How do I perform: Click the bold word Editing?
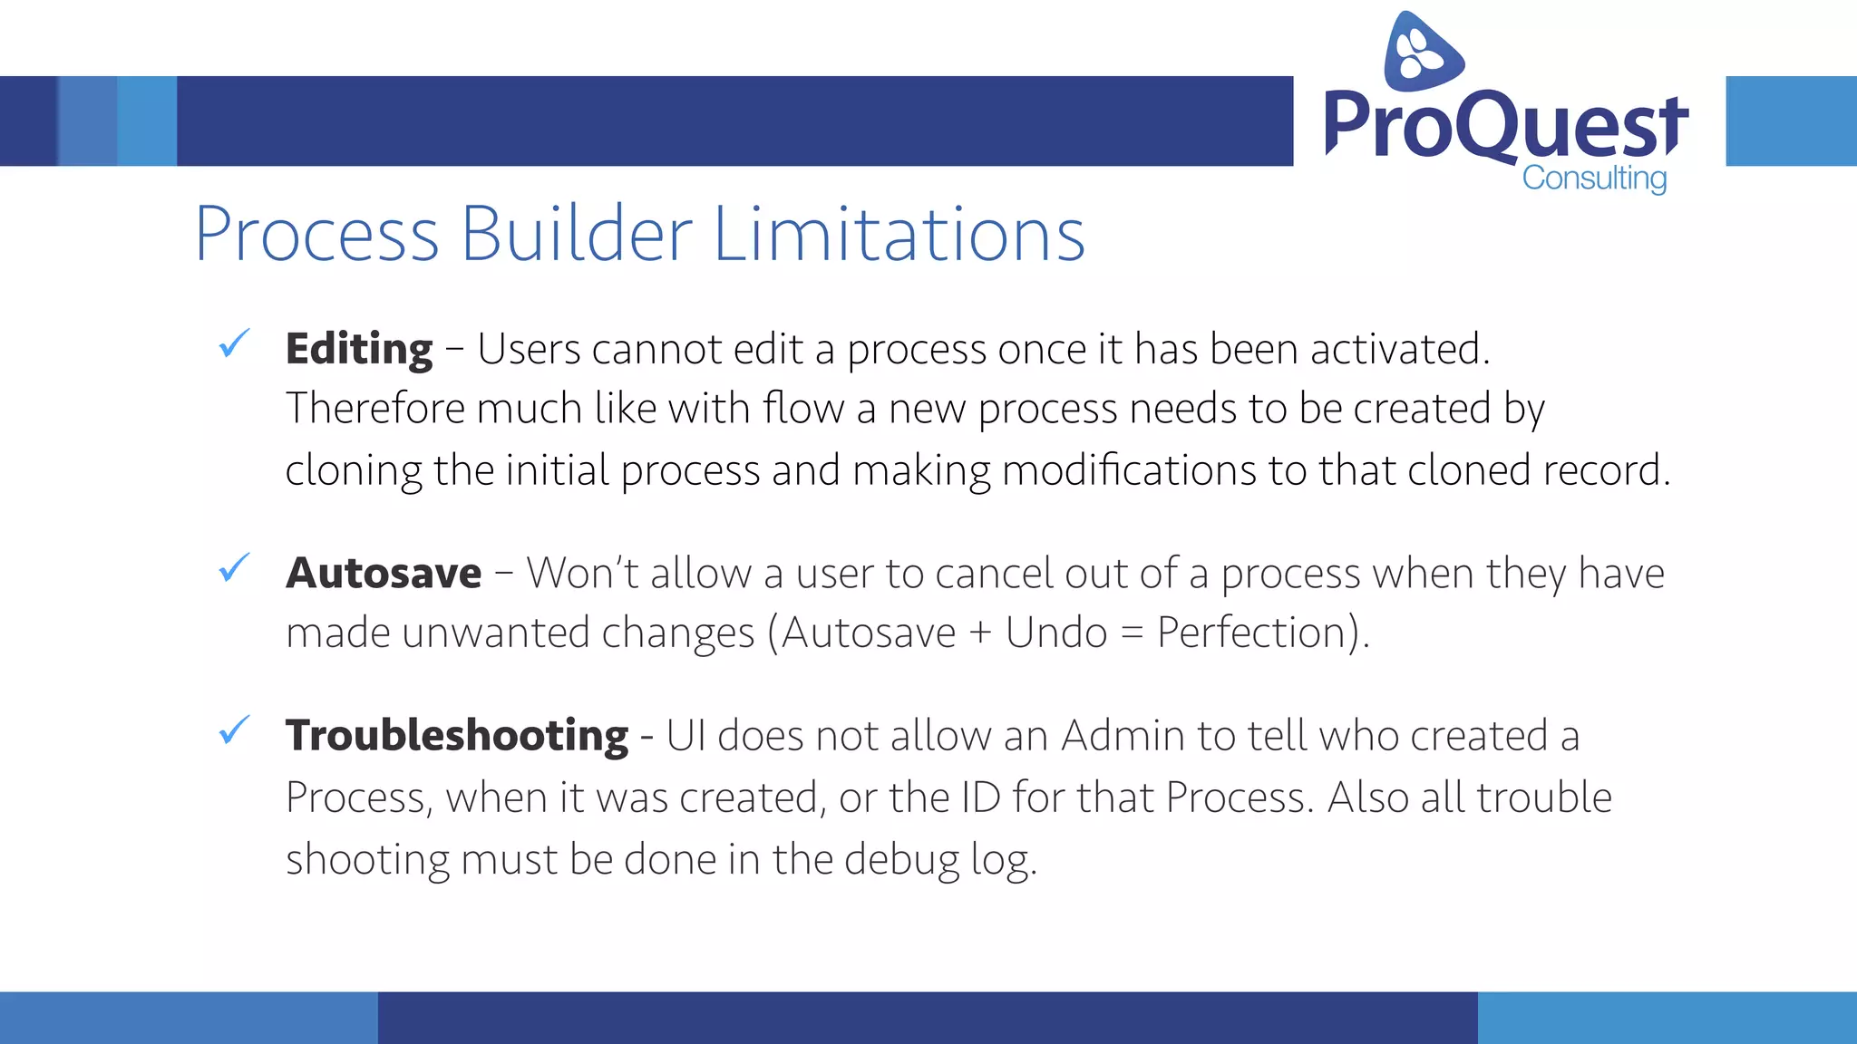[x=359, y=350]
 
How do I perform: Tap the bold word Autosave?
[x=384, y=574]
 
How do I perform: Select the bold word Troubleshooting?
[x=456, y=735]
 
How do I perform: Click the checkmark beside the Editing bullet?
[x=234, y=344]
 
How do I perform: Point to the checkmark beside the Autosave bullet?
[x=234, y=568]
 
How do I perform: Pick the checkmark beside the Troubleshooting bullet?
[x=234, y=730]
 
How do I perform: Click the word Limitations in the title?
[x=899, y=235]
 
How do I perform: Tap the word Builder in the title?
[x=577, y=235]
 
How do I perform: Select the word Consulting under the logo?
[x=1594, y=179]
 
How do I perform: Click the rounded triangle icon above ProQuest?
[x=1422, y=52]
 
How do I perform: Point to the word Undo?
[x=1056, y=633]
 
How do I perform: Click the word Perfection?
[x=1257, y=633]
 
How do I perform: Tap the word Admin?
[x=1123, y=736]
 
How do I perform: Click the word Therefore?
[x=375, y=409]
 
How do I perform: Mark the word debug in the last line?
[x=901, y=860]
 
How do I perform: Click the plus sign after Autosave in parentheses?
[x=980, y=633]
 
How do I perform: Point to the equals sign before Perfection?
[x=1132, y=633]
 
